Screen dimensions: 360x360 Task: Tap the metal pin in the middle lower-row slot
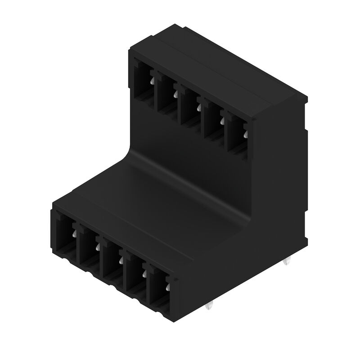[121, 260]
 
